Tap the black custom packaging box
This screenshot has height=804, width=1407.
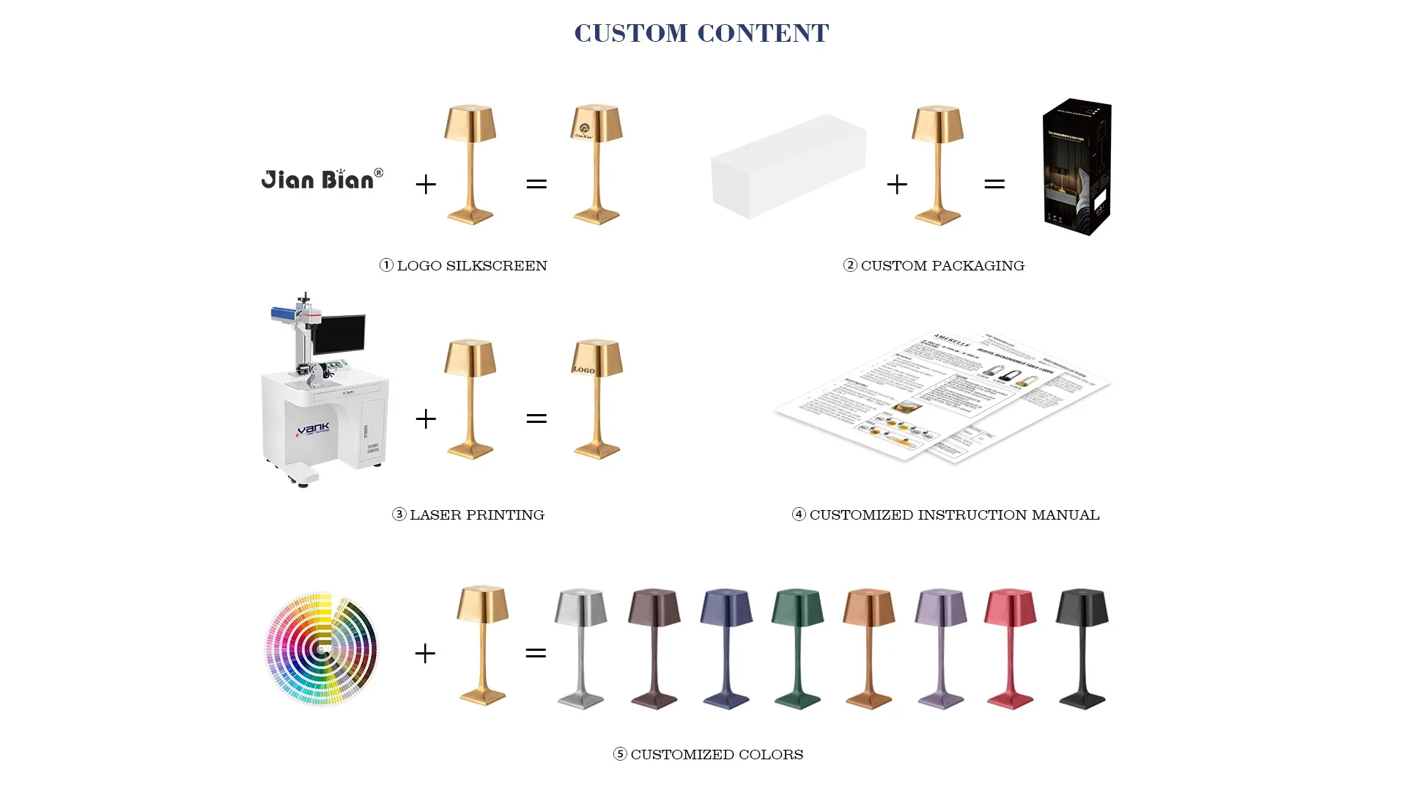pos(1077,167)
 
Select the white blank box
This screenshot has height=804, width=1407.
pos(788,166)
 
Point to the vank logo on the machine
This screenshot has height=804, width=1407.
pos(314,429)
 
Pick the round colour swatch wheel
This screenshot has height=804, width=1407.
pos(321,649)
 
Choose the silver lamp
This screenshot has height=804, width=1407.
pos(581,648)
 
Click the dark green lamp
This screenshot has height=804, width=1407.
pos(798,648)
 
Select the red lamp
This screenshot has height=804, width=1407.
pos(1011,648)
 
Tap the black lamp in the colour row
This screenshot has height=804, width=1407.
pos(1082,648)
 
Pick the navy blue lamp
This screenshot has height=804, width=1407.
pos(726,648)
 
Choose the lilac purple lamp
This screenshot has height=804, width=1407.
pos(941,648)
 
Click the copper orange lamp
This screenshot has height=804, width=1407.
pos(869,648)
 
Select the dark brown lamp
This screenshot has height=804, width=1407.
pos(654,648)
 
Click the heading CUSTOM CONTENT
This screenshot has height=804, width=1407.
pos(701,33)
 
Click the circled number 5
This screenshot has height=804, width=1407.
pos(620,754)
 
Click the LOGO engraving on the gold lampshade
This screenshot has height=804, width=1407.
pos(584,370)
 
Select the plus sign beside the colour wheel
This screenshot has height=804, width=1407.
pos(425,653)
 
